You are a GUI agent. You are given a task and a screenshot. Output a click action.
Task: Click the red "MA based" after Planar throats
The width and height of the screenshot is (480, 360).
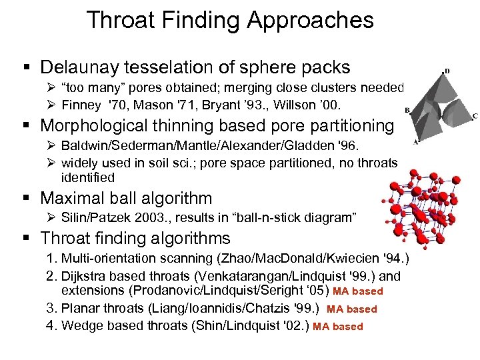[352, 309]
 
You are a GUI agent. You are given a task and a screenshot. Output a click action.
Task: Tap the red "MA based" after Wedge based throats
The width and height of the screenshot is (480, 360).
[338, 327]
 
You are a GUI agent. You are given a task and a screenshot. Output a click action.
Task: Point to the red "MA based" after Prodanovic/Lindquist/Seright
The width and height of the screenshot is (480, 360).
[358, 291]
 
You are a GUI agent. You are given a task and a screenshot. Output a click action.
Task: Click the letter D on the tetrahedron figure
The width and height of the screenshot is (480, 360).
[447, 70]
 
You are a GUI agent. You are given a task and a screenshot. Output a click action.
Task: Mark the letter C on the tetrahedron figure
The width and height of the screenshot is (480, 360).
[475, 116]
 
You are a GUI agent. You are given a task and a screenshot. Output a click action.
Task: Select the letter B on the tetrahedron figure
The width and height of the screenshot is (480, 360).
[407, 111]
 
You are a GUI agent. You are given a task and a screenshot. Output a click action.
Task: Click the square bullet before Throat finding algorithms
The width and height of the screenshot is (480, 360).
[31, 239]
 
